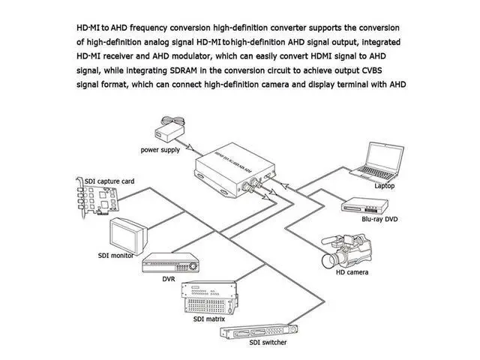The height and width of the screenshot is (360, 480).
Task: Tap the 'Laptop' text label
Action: click(x=384, y=185)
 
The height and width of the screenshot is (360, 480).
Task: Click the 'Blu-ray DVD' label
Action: click(x=381, y=220)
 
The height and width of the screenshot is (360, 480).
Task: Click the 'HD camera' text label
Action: click(x=351, y=272)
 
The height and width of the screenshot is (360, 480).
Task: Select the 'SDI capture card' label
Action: click(x=109, y=181)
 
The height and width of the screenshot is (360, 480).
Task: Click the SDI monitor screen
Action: click(x=129, y=234)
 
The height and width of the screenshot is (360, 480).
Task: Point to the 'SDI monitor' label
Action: click(x=115, y=255)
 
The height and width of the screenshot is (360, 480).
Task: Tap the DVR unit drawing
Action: click(x=172, y=263)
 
